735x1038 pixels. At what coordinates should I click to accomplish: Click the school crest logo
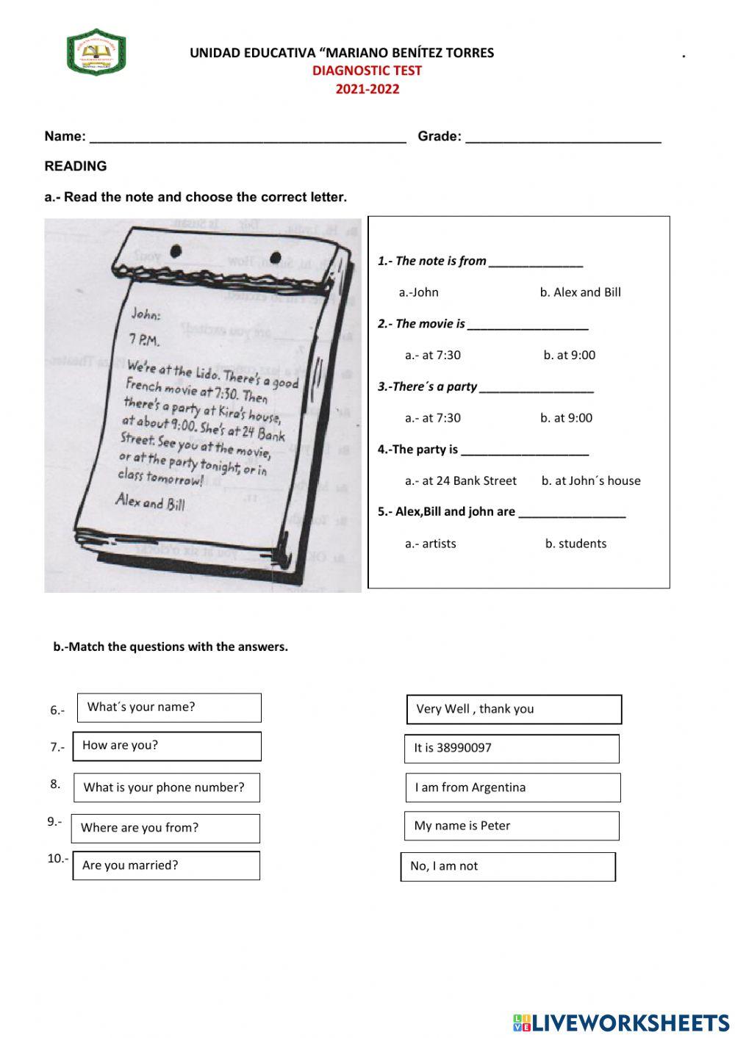pos(96,52)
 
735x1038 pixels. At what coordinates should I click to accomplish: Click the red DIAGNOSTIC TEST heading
pos(367,71)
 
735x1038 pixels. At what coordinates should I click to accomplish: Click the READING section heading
pos(76,166)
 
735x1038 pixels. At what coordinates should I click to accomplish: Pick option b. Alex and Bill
pos(580,292)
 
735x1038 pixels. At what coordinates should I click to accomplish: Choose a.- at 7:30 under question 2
pos(432,355)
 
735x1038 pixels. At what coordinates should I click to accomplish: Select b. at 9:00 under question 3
pos(566,418)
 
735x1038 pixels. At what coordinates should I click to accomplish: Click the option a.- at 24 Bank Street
pos(460,480)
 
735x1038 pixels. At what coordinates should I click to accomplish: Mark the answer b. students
pos(576,544)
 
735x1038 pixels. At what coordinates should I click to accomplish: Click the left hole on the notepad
pos(176,252)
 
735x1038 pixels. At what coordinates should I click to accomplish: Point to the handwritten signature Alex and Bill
pos(151,502)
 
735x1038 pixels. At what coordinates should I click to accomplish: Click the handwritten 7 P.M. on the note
pos(144,339)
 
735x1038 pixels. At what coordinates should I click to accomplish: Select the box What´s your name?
pos(168,707)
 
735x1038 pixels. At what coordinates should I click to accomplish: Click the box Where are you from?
pos(165,828)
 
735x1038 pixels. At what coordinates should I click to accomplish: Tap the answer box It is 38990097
pos(512,749)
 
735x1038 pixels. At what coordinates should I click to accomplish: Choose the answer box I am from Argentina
pos(512,787)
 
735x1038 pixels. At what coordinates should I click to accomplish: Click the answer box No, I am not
pos(508,867)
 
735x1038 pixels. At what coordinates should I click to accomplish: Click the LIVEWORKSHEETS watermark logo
pos(620,1023)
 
